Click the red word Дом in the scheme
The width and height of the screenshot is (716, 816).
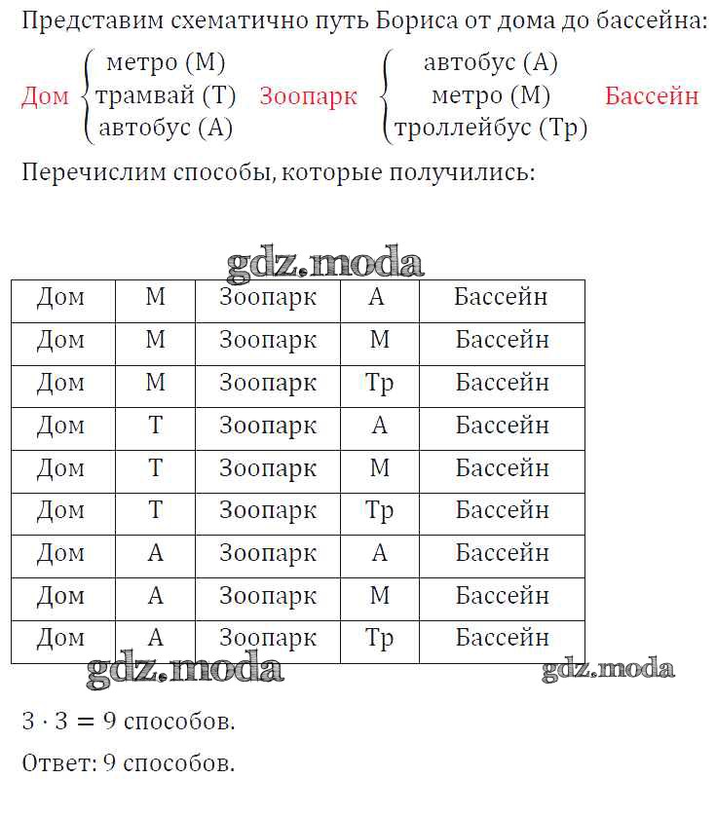click(x=45, y=96)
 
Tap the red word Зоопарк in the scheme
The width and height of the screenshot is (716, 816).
click(x=308, y=96)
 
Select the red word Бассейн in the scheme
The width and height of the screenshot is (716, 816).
click(x=652, y=96)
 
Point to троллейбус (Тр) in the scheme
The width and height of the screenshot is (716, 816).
click(x=490, y=128)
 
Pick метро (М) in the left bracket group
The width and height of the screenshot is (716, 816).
click(x=166, y=63)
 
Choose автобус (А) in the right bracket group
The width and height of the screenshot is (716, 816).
click(x=490, y=63)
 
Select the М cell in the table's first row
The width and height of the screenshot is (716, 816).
click(x=155, y=297)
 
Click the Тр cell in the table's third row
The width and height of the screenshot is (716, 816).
click(x=379, y=383)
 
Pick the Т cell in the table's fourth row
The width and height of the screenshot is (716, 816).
click(x=155, y=426)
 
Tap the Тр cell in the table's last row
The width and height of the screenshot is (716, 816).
click(x=379, y=638)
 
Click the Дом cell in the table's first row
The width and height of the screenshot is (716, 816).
click(x=60, y=297)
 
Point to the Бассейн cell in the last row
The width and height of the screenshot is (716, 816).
click(x=502, y=638)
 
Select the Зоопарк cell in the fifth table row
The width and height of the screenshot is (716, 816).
click(x=267, y=468)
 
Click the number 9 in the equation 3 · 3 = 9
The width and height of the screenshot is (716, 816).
click(x=110, y=722)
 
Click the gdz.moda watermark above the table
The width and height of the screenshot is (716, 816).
click(x=325, y=263)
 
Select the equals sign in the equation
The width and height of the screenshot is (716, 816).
click(x=85, y=722)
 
